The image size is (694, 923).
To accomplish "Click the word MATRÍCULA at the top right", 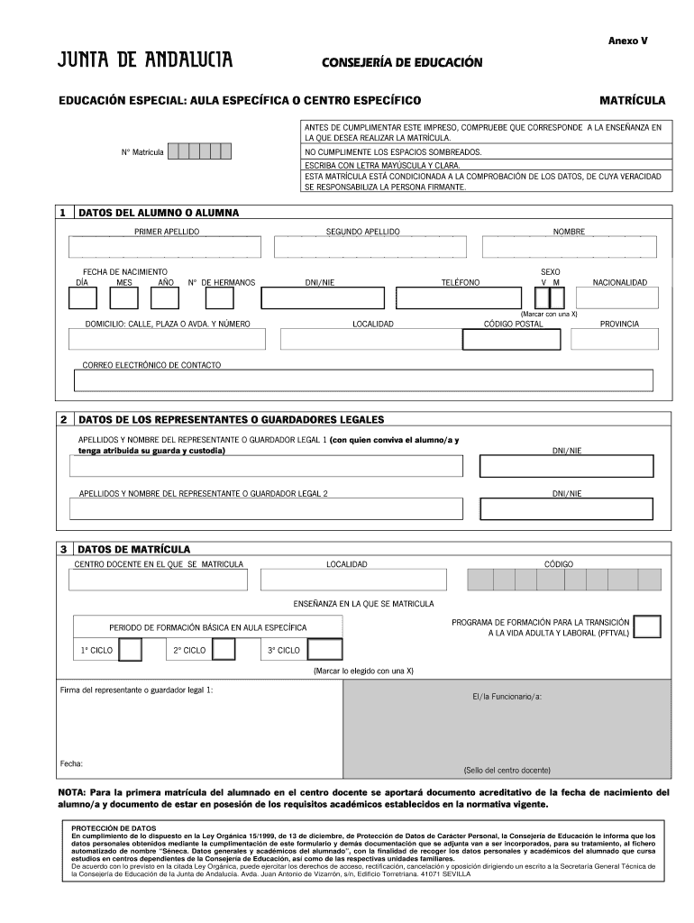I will tap(632, 99).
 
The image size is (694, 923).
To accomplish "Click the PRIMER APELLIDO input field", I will tap(166, 248).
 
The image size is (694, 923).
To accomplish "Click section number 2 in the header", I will tap(63, 419).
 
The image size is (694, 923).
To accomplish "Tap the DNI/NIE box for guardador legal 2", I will tap(567, 509).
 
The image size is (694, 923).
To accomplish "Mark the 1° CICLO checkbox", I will tap(130, 650).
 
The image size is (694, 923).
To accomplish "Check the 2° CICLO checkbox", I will tap(223, 650).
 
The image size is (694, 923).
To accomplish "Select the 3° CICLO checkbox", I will tap(324, 650).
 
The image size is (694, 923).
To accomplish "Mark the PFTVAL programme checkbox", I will tap(647, 626).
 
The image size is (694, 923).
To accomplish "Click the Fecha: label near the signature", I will tap(71, 763).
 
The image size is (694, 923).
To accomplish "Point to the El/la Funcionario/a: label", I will tap(507, 697).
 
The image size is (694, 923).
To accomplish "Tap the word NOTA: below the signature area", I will tap(72, 792).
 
